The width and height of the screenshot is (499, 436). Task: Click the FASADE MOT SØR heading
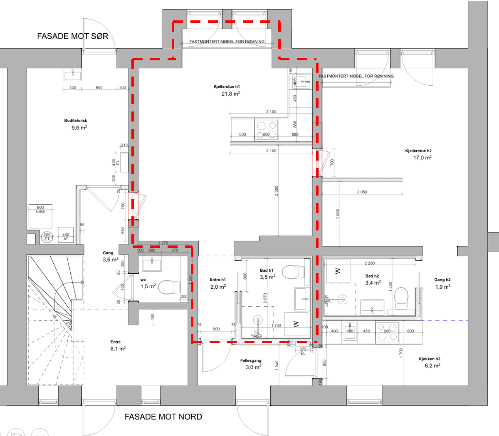click(73, 36)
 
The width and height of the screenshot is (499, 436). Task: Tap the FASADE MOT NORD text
click(163, 417)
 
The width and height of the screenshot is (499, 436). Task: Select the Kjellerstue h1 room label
click(227, 87)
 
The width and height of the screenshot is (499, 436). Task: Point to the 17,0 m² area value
click(422, 158)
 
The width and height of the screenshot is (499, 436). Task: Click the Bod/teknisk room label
click(76, 121)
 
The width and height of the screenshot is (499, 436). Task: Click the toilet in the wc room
click(169, 287)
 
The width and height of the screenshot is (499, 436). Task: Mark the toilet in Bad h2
click(402, 298)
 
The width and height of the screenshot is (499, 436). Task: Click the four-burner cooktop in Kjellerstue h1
click(266, 129)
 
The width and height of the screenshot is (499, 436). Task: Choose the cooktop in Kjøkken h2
click(387, 332)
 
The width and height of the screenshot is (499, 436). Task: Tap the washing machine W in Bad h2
click(337, 271)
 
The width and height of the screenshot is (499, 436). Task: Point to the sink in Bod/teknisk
click(73, 74)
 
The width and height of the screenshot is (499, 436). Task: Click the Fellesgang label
click(251, 361)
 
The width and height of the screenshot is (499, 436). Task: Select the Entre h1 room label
click(217, 280)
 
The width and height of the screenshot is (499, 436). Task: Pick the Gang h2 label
click(442, 280)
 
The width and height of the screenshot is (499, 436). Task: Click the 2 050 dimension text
click(362, 192)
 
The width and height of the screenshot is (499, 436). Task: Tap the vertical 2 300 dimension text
click(277, 191)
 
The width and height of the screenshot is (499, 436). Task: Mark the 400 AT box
click(66, 237)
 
